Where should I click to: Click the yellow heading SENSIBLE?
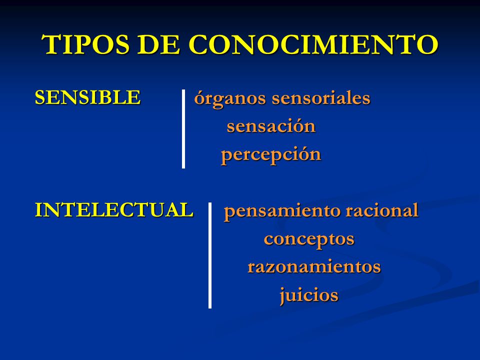tap(87, 97)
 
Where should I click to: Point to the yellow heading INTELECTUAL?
tap(114, 210)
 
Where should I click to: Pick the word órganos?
tap(230, 99)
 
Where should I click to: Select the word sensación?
tap(271, 126)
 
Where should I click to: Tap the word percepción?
tap(271, 155)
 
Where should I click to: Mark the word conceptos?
tap(309, 239)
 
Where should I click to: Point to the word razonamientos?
tap(314, 267)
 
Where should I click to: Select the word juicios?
tap(309, 295)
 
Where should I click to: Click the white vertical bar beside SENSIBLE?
tap(183, 129)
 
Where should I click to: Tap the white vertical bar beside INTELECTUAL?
tap(210, 255)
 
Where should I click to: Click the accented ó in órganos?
tap(199, 98)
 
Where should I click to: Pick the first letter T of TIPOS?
tap(52, 45)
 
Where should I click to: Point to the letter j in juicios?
tap(283, 295)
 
